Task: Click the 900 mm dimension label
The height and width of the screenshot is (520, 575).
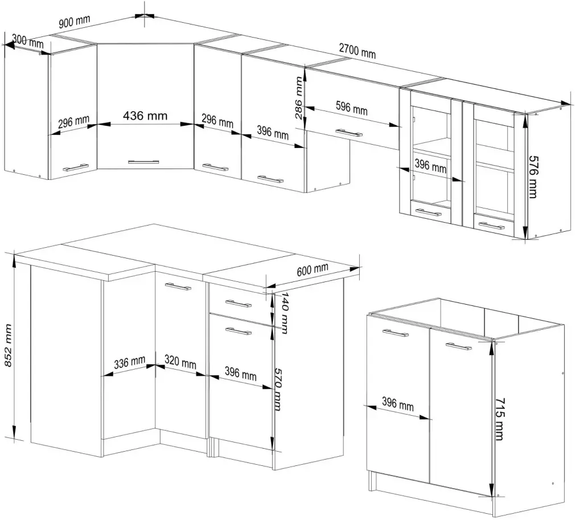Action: tap(75, 22)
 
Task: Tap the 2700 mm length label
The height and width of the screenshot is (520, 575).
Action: tap(357, 51)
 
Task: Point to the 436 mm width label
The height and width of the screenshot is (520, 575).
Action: tap(145, 116)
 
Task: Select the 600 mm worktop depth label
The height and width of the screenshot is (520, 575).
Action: tap(313, 269)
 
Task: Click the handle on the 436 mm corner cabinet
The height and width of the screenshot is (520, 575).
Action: tap(144, 162)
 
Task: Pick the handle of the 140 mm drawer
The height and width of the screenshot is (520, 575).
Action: tap(238, 302)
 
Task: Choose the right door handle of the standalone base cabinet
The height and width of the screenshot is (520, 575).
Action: tap(459, 346)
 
